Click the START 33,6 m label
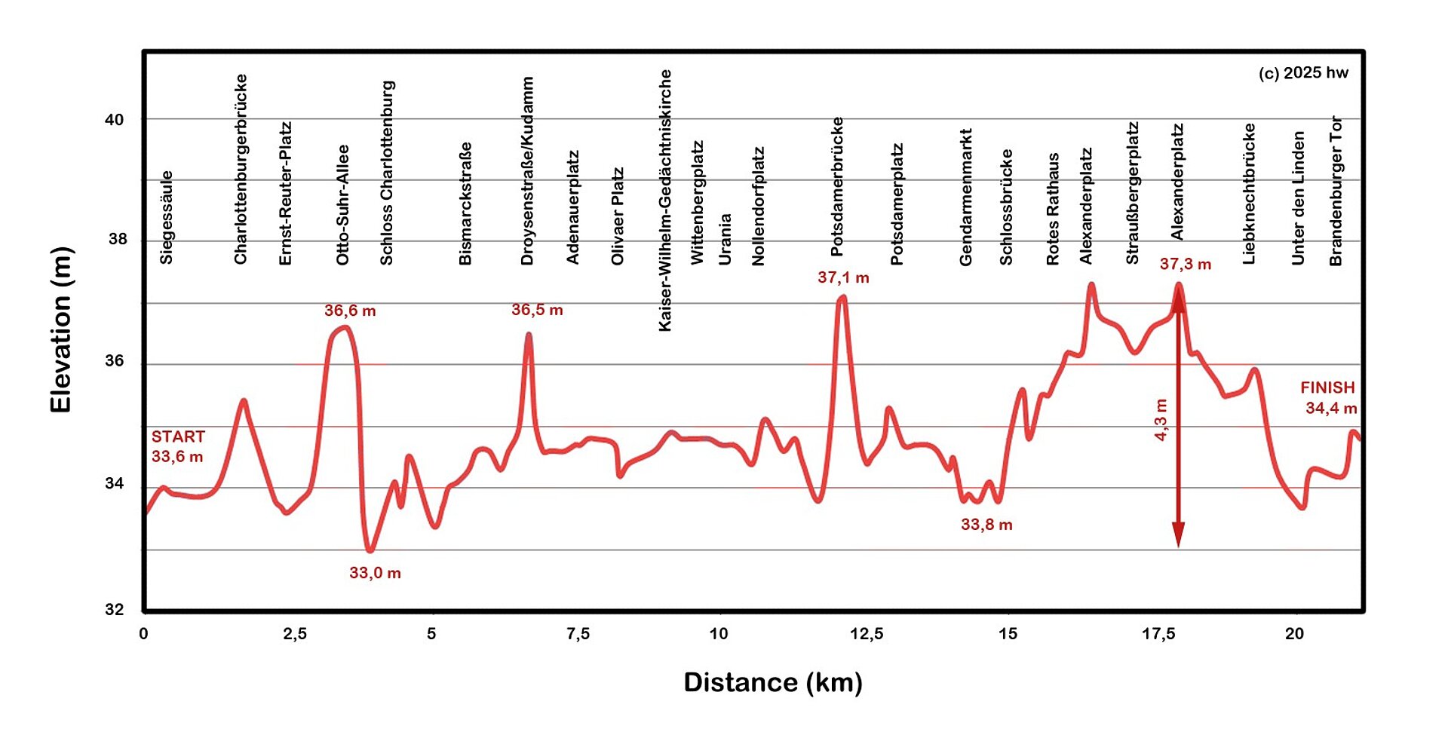tap(178, 446)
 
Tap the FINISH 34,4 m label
tap(1329, 397)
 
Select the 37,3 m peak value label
tap(1185, 264)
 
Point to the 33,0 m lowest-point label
tap(375, 573)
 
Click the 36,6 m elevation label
tap(350, 311)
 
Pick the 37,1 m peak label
tap(843, 277)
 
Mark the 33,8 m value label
tap(986, 525)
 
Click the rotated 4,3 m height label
tap(1161, 420)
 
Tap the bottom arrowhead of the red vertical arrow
tap(1178, 535)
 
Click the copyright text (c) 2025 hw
tap(1303, 73)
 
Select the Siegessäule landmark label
tap(167, 218)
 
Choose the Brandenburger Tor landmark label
tap(1336, 191)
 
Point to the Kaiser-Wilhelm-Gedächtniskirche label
tap(664, 201)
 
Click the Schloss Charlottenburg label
tap(387, 173)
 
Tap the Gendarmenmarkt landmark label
tap(966, 198)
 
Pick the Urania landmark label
tap(725, 239)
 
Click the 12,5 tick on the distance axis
tap(867, 634)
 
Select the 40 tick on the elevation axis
tap(115, 120)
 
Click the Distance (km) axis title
tap(773, 682)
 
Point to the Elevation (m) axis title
tap(61, 330)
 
